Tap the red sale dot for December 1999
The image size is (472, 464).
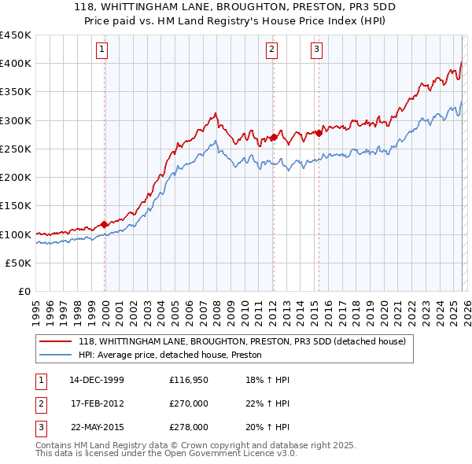point(105,224)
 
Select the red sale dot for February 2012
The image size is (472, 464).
point(273,137)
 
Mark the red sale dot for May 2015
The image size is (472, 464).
point(319,132)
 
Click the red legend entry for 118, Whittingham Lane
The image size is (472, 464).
point(242,341)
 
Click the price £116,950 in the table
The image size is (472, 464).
point(189,380)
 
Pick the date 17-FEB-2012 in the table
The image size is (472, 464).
point(97,404)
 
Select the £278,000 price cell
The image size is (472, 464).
point(189,428)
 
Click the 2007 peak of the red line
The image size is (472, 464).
point(216,114)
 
